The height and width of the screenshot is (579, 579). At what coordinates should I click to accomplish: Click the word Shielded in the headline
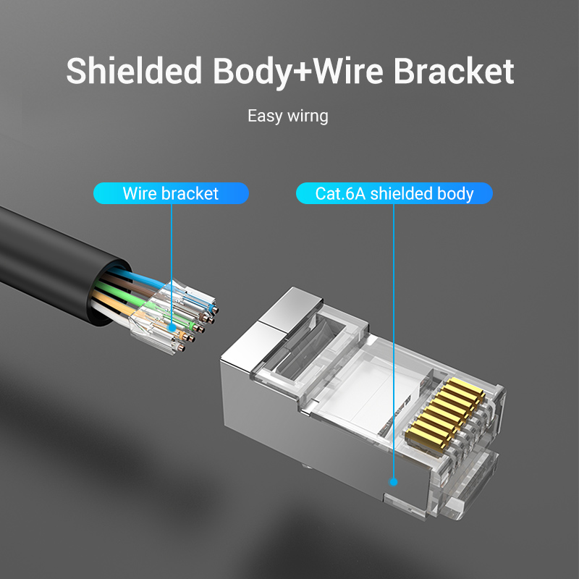[x=134, y=72]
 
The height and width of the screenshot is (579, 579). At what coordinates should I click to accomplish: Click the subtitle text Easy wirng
[x=287, y=116]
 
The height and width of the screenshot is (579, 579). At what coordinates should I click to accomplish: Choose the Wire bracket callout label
[x=171, y=193]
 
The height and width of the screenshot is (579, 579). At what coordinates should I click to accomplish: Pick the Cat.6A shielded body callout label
[x=394, y=193]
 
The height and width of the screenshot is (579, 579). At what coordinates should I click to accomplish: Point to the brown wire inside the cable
[x=116, y=279]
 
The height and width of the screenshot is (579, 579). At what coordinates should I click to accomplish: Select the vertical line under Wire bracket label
[x=172, y=261]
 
